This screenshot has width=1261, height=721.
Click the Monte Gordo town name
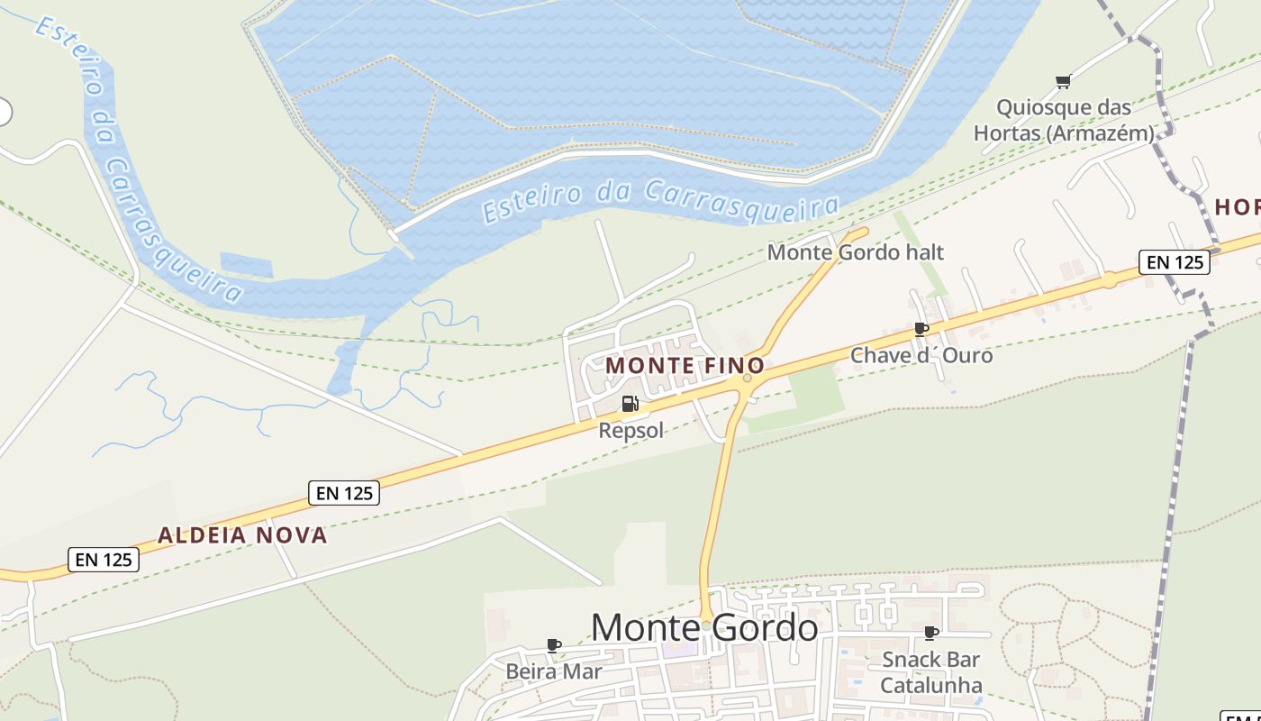[704, 627]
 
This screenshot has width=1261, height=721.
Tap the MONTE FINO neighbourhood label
[685, 366]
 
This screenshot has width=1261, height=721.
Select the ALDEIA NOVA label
[242, 535]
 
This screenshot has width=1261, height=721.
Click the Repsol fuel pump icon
[630, 404]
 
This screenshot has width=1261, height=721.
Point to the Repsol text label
[630, 431]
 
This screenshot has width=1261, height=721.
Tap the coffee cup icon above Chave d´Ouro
[921, 329]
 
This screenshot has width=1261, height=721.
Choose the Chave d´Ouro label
[921, 355]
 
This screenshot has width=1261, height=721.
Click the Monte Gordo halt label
[855, 252]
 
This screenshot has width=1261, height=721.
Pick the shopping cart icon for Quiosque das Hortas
[1063, 82]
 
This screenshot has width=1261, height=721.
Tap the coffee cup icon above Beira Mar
[554, 645]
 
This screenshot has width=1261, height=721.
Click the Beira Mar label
[554, 671]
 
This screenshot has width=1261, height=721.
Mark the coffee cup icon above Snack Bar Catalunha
[931, 634]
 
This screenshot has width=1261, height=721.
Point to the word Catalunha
[931, 686]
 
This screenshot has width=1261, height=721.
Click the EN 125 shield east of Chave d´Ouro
[1174, 262]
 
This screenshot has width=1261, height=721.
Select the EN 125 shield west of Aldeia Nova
[104, 560]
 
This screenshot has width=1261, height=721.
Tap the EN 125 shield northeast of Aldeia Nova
[343, 493]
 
